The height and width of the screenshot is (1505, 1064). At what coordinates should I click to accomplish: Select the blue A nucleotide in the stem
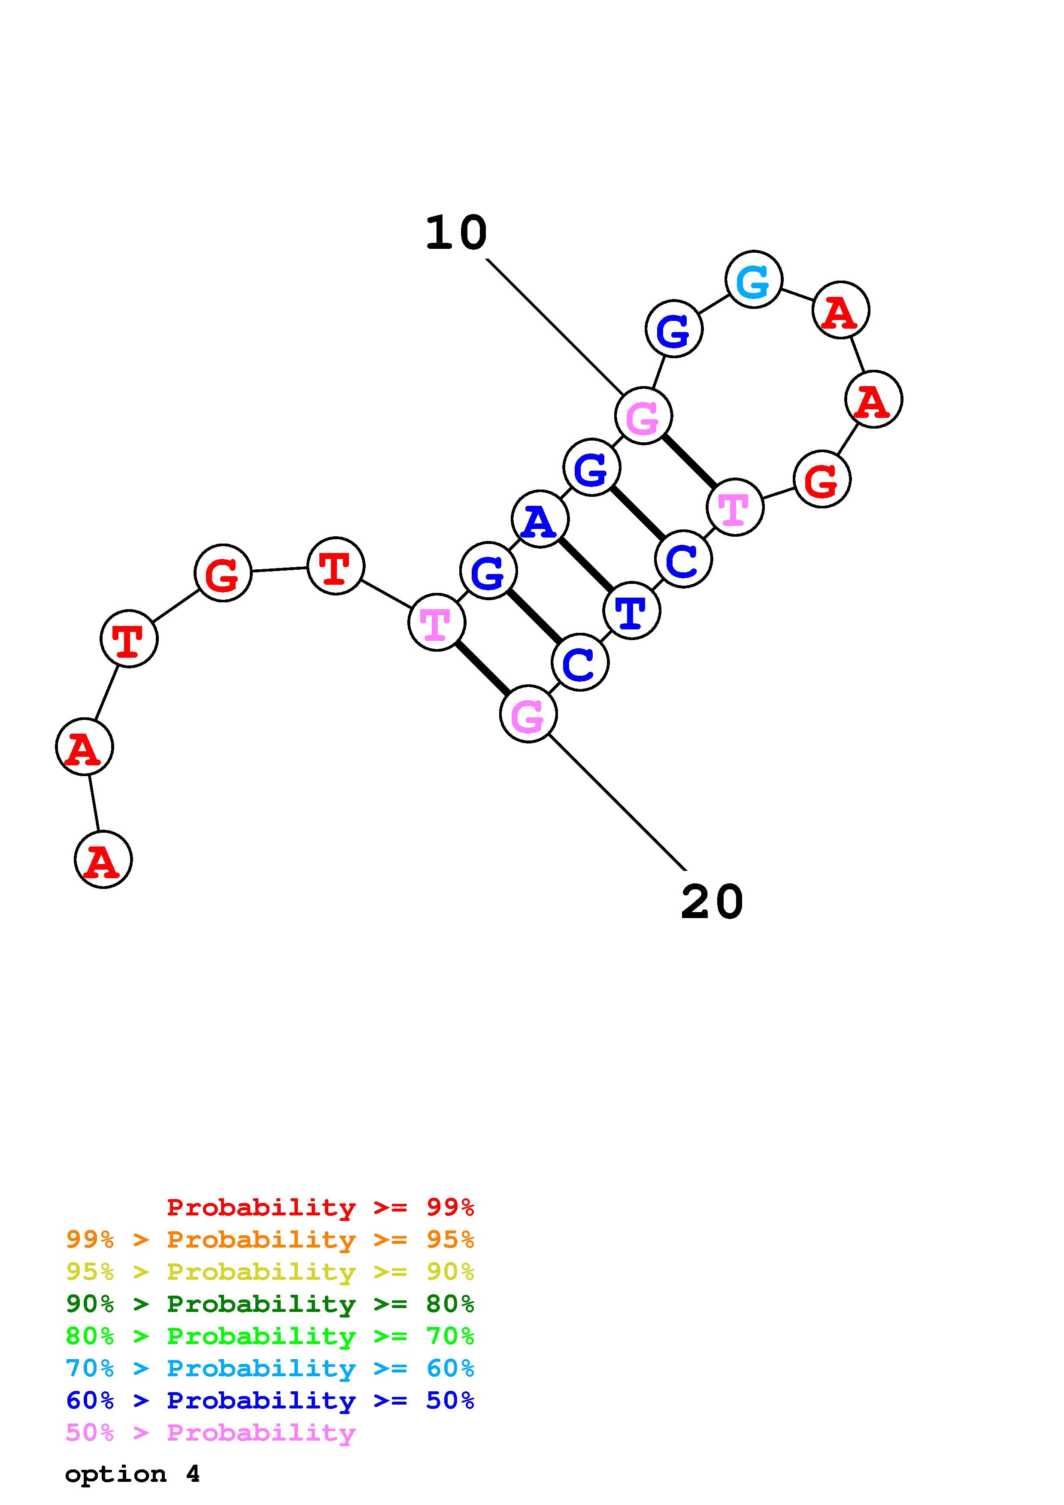pos(540,519)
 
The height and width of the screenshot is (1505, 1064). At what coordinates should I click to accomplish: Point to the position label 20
pos(712,902)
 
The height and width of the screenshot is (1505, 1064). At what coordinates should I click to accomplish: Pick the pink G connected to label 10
pos(643,416)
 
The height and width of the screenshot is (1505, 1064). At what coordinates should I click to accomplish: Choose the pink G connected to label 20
pos(528,714)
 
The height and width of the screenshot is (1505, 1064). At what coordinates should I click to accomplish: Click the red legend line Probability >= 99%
pos(320,1207)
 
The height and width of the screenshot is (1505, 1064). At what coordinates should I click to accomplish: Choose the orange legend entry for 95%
pos(270,1239)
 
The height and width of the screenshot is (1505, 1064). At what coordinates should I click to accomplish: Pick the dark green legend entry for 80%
pos(270,1304)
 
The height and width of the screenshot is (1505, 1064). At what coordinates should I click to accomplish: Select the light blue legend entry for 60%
pos(270,1368)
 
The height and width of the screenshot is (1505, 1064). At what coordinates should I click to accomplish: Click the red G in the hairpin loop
pos(821,479)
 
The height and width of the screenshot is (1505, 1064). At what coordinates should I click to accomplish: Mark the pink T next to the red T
pos(437,622)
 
